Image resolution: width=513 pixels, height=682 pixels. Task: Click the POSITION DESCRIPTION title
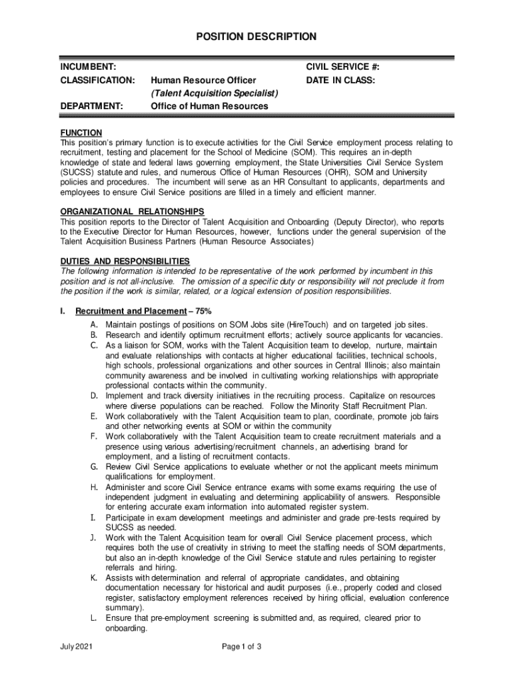(x=256, y=37)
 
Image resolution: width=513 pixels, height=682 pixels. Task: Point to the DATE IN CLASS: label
(x=340, y=81)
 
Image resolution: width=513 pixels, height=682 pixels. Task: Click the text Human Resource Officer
(x=203, y=81)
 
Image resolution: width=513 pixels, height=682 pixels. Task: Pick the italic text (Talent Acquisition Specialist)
(x=214, y=93)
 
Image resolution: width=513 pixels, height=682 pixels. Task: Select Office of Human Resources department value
(x=209, y=106)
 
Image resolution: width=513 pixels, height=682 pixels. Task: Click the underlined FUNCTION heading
(x=81, y=133)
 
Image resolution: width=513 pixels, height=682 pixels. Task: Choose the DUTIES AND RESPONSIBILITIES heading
(x=125, y=261)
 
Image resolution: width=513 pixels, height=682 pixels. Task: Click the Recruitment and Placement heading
(x=131, y=311)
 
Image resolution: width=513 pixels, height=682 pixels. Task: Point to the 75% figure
(x=208, y=311)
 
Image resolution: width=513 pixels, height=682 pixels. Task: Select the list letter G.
(x=95, y=467)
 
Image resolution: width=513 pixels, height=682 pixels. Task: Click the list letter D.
(x=95, y=396)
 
